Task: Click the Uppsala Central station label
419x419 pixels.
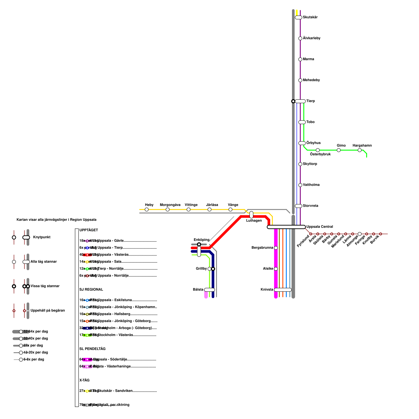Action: click(x=319, y=227)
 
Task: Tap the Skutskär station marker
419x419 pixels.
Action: click(x=299, y=18)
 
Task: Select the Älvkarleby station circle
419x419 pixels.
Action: click(x=300, y=38)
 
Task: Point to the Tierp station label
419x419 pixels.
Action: click(x=311, y=101)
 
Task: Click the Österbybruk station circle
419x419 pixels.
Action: click(x=318, y=150)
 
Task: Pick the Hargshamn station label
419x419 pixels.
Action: click(x=362, y=146)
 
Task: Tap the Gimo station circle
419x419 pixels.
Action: click(x=339, y=150)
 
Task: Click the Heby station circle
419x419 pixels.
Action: click(x=147, y=210)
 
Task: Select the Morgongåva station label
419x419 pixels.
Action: click(x=170, y=205)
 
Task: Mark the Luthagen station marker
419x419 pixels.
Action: click(x=251, y=215)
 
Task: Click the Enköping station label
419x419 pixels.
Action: click(x=201, y=240)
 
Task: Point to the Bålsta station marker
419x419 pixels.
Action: click(x=210, y=290)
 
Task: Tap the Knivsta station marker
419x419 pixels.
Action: click(x=283, y=290)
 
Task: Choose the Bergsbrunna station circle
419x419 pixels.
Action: click(x=276, y=248)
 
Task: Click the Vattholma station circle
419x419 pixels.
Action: click(x=300, y=185)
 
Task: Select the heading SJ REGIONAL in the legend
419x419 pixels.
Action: click(x=91, y=290)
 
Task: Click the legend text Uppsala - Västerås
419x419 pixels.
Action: click(x=113, y=255)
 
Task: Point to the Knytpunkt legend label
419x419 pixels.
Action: click(x=42, y=237)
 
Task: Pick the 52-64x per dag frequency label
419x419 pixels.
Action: click(x=36, y=332)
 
